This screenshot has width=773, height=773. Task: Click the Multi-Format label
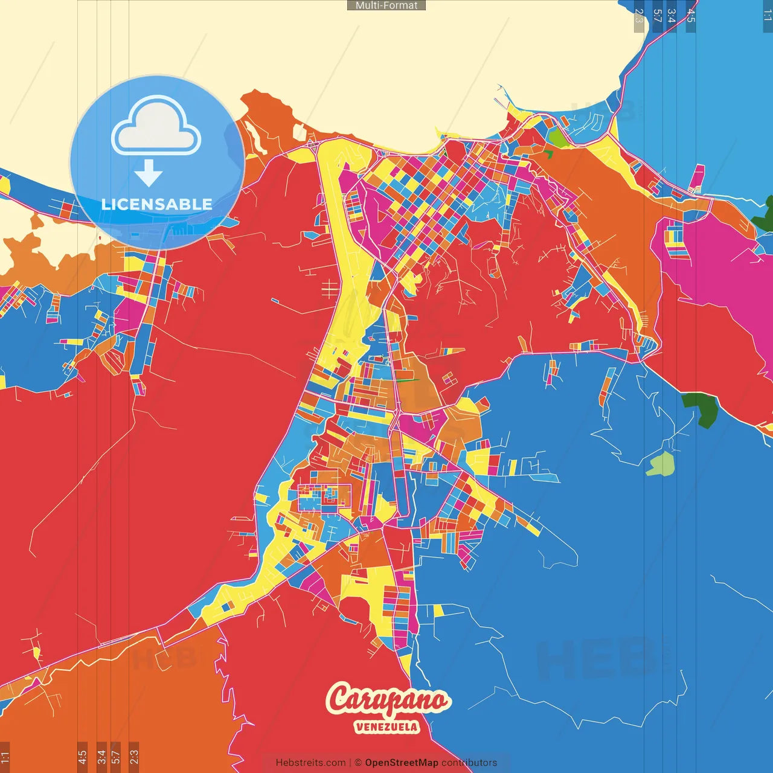(x=386, y=5)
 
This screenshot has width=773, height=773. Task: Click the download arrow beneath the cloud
(x=149, y=173)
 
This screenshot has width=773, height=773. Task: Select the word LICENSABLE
(x=157, y=204)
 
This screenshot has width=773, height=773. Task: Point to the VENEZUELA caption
(x=386, y=726)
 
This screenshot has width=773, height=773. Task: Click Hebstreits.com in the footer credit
(x=310, y=763)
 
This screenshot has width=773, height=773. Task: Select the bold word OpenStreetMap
(x=402, y=763)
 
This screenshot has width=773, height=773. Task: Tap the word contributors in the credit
(x=469, y=763)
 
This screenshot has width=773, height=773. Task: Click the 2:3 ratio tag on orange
(x=134, y=757)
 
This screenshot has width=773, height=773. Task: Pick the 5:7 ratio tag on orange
(x=116, y=757)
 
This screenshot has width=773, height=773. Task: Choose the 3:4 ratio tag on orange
(x=101, y=757)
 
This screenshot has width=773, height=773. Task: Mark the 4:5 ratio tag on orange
(x=82, y=757)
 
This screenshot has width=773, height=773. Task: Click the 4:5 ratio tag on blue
(x=691, y=16)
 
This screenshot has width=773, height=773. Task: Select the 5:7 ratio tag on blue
(x=657, y=16)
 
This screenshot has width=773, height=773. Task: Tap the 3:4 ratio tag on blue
(x=671, y=16)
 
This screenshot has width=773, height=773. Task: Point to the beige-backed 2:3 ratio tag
(x=639, y=16)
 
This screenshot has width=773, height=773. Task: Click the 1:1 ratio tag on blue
(x=767, y=15)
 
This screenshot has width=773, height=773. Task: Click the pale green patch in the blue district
(x=660, y=464)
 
